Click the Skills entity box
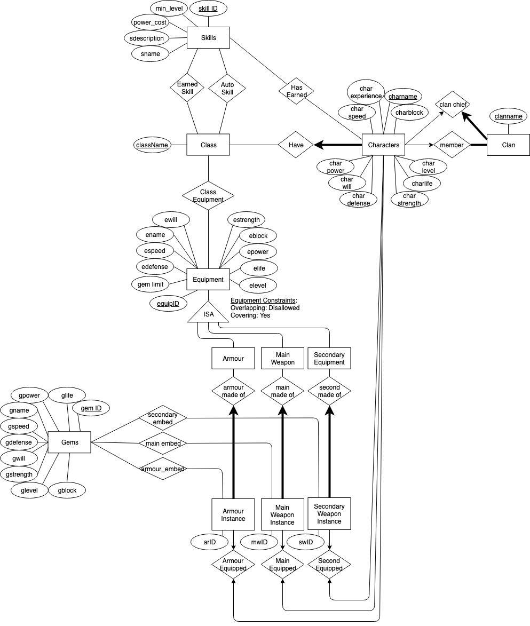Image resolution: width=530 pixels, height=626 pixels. coord(208,38)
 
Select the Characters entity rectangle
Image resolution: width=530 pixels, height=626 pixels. coord(384,145)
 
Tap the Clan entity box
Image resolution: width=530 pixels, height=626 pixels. coord(508,145)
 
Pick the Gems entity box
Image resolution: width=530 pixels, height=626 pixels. coord(69,442)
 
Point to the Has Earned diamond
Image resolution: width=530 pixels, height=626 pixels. coord(296,91)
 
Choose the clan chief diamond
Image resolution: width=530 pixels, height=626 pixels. coord(452,105)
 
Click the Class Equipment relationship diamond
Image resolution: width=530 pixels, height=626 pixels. coord(208,195)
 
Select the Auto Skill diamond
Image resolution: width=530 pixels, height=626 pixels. coord(227,88)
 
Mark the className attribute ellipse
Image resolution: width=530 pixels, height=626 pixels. coord(152,145)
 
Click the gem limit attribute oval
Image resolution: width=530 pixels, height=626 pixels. coord(151,284)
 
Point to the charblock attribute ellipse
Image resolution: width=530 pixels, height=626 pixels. coord(409,113)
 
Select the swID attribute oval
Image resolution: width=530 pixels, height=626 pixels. coord(305,542)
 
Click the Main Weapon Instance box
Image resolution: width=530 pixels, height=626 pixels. coord(282,514)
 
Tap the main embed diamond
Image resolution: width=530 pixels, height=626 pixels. coord(163,442)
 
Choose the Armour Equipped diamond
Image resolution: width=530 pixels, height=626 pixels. coord(233,565)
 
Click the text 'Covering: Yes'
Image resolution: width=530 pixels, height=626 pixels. coord(250,315)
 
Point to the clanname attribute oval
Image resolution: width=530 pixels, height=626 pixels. coord(509,116)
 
